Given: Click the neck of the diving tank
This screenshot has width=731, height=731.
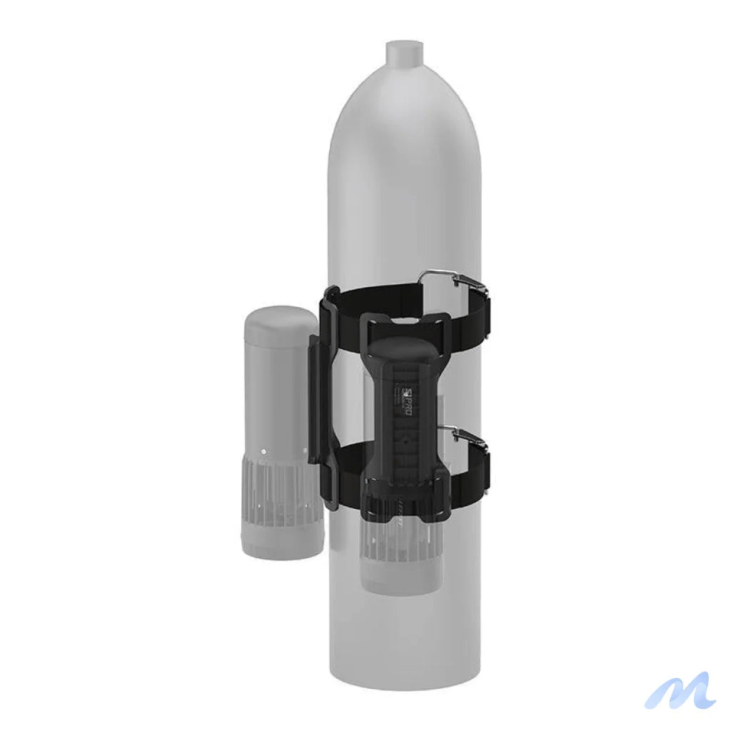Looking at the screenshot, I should pyautogui.click(x=405, y=54).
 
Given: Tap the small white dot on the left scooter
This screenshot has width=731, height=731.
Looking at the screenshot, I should pyautogui.click(x=263, y=452).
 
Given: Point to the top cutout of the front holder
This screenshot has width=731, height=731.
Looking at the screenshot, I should pyautogui.click(x=405, y=326).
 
